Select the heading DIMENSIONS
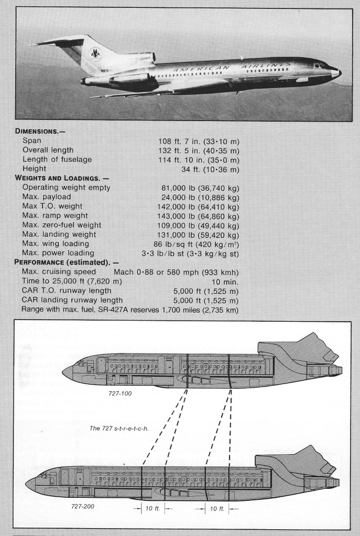pyautogui.click(x=39, y=132)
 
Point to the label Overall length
pyautogui.click(x=48, y=150)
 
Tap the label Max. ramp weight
pyautogui.click(x=55, y=215)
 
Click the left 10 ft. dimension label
pyautogui.click(x=152, y=508)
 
